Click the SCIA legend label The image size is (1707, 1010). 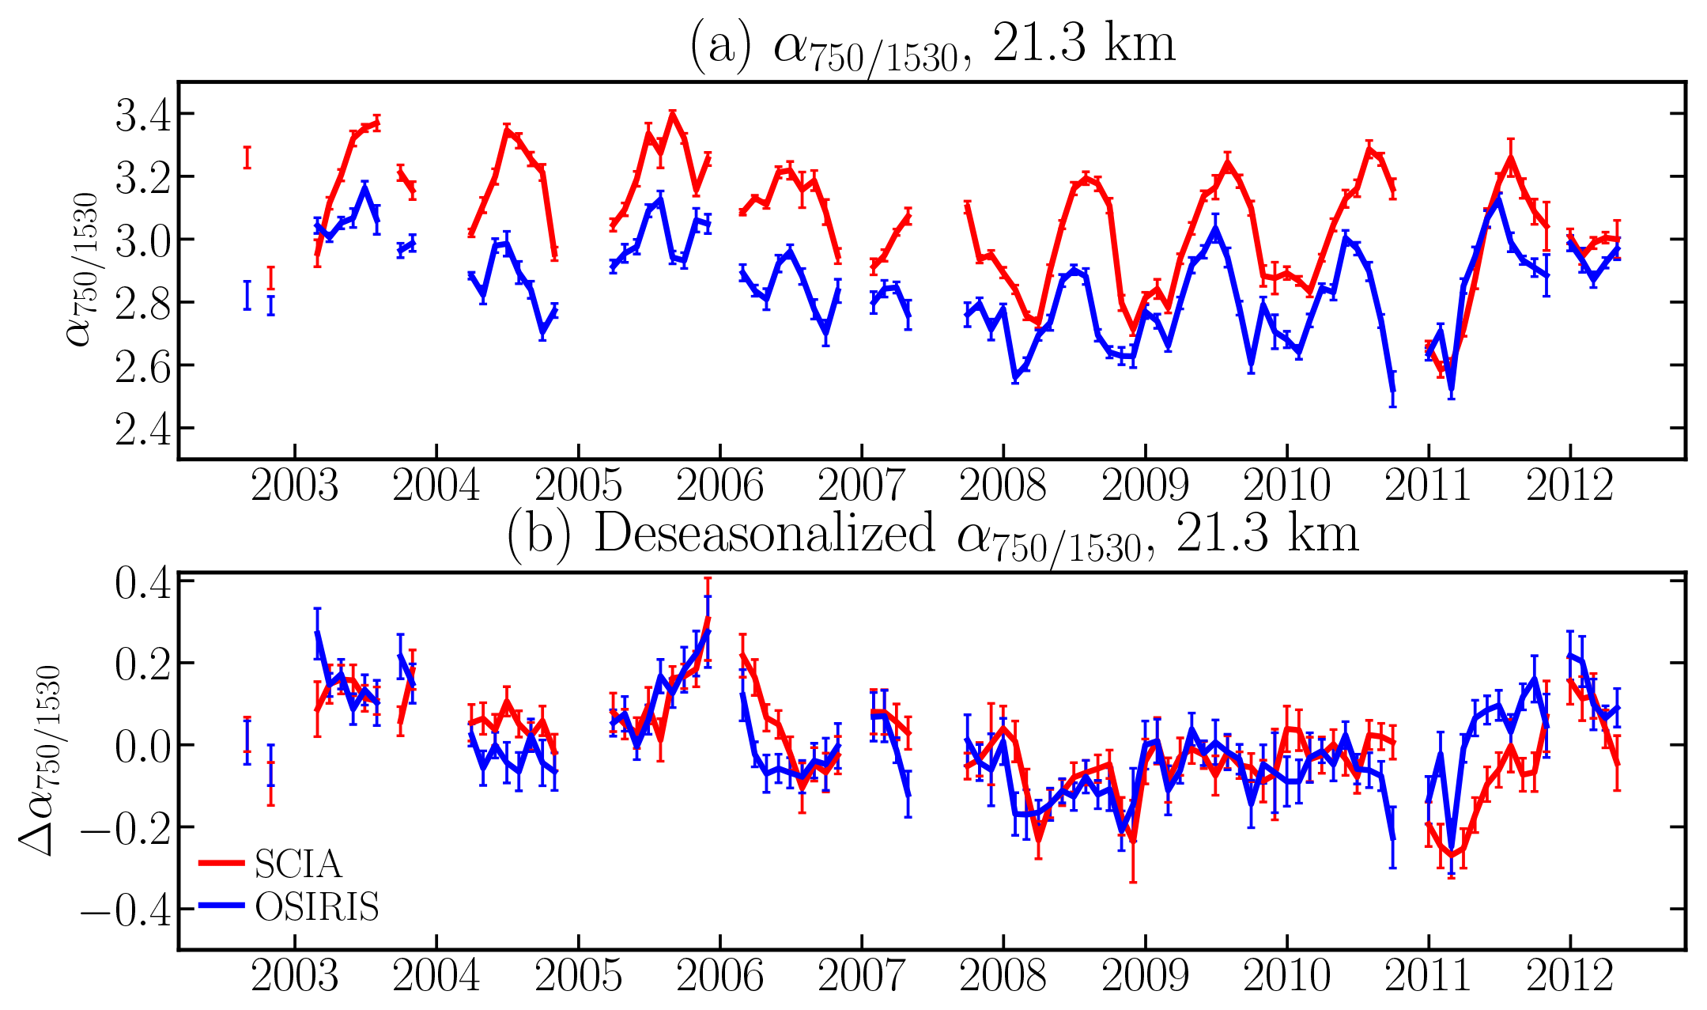(x=298, y=864)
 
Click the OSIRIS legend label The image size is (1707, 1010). (x=317, y=907)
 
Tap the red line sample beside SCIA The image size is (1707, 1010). (x=221, y=863)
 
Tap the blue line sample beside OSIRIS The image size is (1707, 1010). (x=221, y=906)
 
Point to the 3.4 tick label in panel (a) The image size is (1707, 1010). (x=143, y=115)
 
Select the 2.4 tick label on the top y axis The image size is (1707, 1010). (x=143, y=429)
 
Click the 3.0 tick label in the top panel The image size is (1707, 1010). (x=143, y=240)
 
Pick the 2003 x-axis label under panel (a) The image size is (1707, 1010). (x=294, y=485)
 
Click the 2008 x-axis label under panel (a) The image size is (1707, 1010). (x=1003, y=485)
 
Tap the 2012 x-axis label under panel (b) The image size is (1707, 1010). (x=1569, y=975)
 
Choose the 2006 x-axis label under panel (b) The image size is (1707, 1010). (x=719, y=975)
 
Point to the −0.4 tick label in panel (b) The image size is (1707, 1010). (x=125, y=910)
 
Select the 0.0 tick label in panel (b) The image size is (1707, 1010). (x=143, y=747)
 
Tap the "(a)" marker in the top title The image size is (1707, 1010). (x=720, y=46)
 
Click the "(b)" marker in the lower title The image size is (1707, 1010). (x=538, y=535)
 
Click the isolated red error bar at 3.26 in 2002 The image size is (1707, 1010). (x=247, y=157)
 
